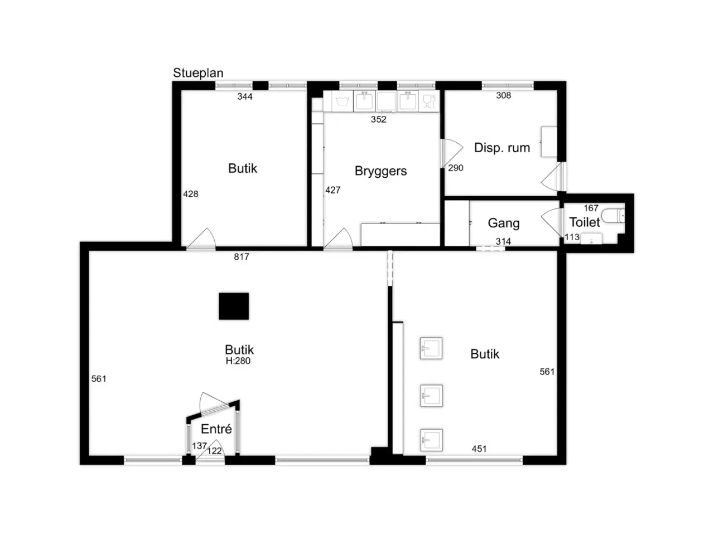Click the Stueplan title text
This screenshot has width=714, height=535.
(198, 73)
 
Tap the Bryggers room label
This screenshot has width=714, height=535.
(380, 171)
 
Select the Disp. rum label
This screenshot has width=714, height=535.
(501, 148)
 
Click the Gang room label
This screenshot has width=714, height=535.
(504, 223)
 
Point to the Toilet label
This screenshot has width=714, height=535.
(584, 222)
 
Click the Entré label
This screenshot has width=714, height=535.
(216, 429)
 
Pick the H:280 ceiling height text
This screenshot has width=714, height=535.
(238, 361)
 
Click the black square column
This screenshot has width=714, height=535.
(234, 306)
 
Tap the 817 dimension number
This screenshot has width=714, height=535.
(242, 257)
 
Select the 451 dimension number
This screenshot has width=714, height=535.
(479, 449)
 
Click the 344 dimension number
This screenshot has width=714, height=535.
(245, 96)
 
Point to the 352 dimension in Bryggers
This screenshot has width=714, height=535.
(378, 119)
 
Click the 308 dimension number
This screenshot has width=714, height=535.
(503, 95)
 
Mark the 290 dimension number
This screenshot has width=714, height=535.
(455, 168)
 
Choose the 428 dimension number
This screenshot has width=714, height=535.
(190, 194)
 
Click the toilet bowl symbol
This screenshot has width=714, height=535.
(612, 216)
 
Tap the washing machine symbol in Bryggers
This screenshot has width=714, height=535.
(342, 101)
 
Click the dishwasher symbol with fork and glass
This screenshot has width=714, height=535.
(429, 101)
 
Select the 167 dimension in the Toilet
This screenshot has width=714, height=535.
(591, 208)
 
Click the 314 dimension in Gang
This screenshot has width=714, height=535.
(503, 241)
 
